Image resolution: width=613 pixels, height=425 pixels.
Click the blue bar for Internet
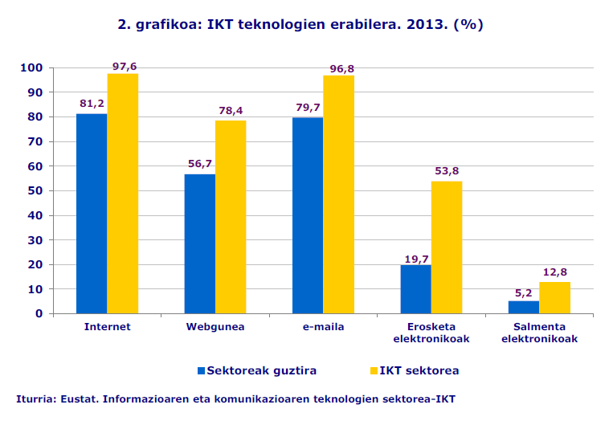[92, 213]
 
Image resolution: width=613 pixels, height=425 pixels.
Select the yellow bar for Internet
[122, 193]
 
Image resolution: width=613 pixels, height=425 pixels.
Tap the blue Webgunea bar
[199, 243]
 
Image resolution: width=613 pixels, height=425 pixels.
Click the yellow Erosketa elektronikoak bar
[447, 247]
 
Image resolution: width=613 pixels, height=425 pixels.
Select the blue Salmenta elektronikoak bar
[524, 307]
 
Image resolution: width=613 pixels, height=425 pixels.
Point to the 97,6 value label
[125, 67]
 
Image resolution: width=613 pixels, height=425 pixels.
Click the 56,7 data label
[200, 164]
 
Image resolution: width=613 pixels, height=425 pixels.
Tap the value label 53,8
[447, 171]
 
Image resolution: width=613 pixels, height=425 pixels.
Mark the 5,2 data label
[524, 292]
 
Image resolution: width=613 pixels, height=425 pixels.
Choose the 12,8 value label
[555, 272]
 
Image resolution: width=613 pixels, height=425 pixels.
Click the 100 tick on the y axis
[31, 68]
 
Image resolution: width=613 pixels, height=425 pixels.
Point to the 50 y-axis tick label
[34, 191]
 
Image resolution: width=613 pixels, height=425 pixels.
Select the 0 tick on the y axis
[38, 313]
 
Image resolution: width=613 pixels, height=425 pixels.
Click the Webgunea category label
[215, 327]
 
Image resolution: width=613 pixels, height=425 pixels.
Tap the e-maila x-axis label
[323, 327]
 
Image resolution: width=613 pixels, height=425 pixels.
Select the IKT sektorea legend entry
[419, 370]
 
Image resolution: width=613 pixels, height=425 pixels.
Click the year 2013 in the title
[424, 24]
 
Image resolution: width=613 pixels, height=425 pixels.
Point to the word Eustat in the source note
[79, 398]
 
